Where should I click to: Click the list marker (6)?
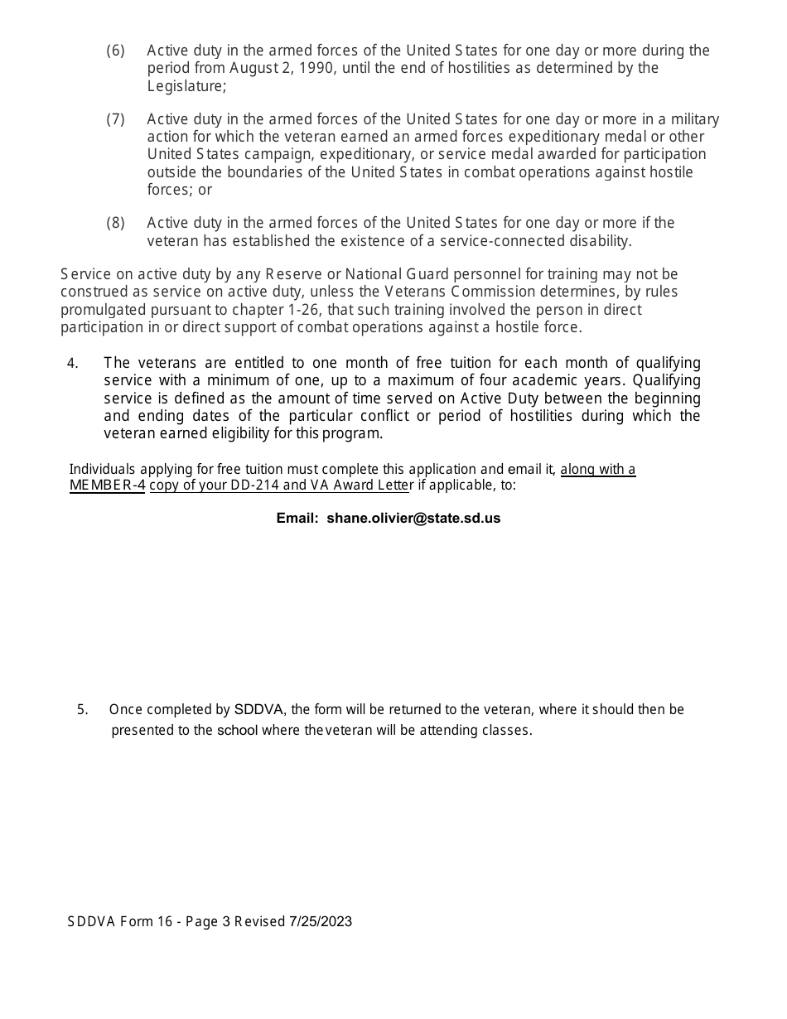pos(115,51)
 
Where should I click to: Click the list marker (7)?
pos(115,119)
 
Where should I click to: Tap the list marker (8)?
pos(115,223)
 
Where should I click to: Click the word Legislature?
pos(185,85)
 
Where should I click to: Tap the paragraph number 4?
pos(72,363)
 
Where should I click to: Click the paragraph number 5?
pos(82,710)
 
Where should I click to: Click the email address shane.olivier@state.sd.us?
pos(413,519)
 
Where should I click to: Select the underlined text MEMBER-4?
pos(107,485)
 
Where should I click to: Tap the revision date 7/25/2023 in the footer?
pos(321,921)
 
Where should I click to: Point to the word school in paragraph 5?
pos(237,731)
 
